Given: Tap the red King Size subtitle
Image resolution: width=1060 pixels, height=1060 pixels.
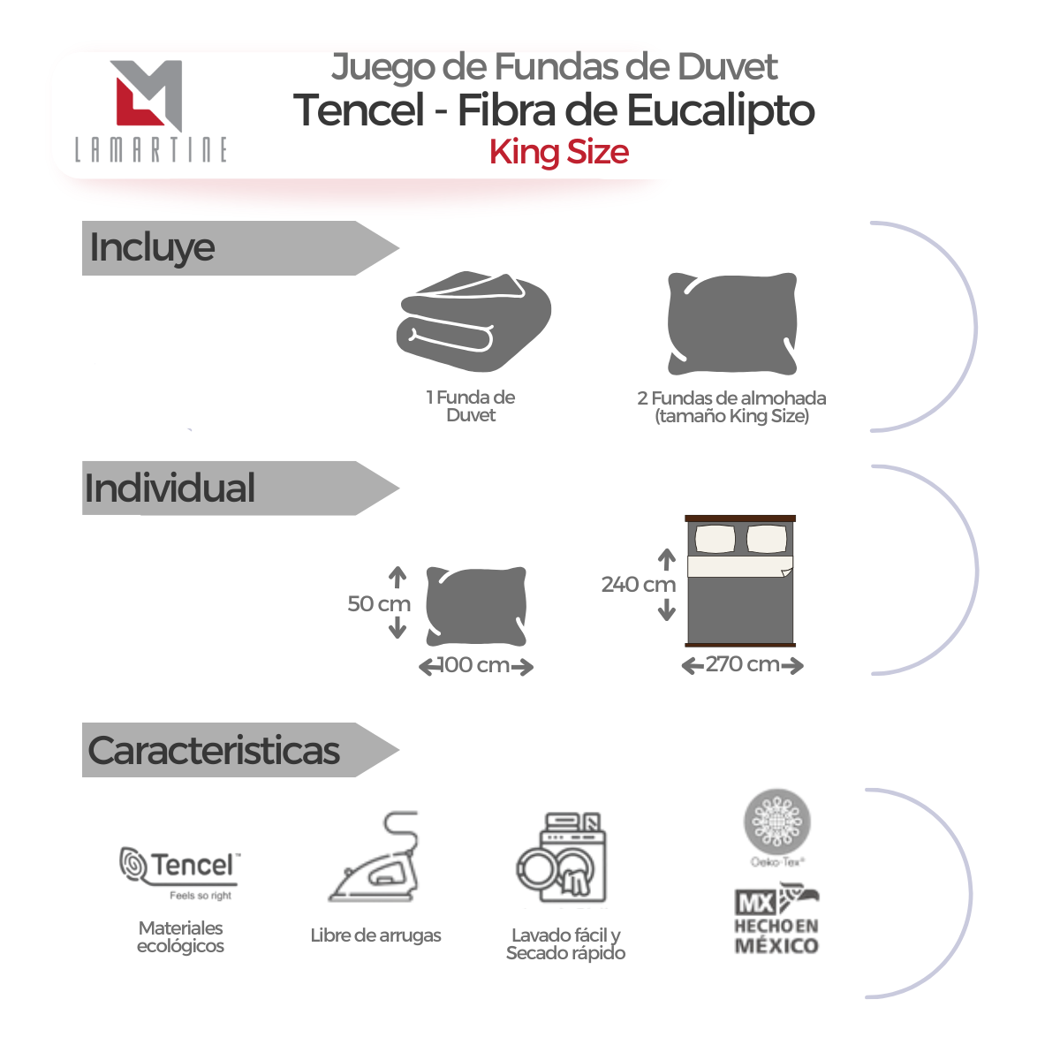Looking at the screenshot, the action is click(559, 152).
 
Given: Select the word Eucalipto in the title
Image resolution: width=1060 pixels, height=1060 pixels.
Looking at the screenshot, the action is click(721, 110).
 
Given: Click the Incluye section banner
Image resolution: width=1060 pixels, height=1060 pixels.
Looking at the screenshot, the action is click(240, 248).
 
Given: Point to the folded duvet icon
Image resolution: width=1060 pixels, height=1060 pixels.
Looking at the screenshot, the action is click(473, 322).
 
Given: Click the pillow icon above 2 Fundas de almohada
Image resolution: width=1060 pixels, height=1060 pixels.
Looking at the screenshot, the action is click(732, 324).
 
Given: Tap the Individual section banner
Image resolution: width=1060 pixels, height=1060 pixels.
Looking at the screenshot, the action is click(240, 488).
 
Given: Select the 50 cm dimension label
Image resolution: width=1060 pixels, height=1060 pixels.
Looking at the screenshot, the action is click(379, 603).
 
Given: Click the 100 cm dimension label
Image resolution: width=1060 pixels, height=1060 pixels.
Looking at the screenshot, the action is click(475, 665).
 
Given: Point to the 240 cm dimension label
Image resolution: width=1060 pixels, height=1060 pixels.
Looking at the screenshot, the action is click(639, 584).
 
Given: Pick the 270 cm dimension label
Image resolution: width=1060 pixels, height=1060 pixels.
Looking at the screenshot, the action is click(743, 664).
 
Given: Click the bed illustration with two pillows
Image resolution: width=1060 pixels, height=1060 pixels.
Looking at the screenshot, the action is click(740, 581).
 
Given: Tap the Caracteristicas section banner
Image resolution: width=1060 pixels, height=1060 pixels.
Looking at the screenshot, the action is click(240, 750).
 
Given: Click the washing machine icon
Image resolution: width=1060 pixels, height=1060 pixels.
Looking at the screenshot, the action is click(561, 857).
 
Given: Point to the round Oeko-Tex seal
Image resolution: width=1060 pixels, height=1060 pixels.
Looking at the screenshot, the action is click(777, 823).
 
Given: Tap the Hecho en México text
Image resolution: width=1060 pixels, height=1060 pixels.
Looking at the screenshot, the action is click(776, 935).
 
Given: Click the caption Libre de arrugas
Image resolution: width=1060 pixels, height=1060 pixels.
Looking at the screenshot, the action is click(375, 935).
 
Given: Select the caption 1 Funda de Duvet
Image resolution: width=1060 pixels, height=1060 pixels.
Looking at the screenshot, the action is click(471, 406).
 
